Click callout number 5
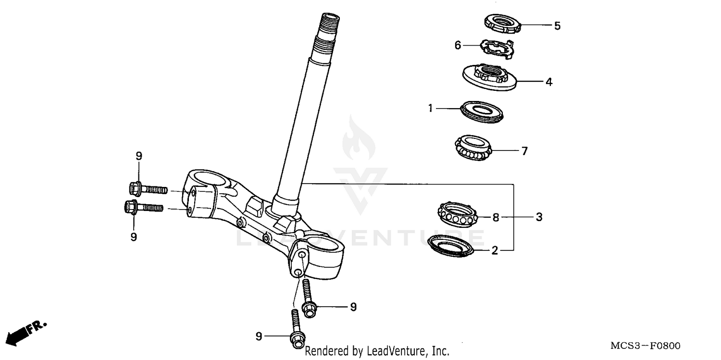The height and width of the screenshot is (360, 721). pos(557,26)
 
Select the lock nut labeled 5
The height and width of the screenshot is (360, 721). pos(502,24)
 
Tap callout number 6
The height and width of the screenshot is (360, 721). pos(458,45)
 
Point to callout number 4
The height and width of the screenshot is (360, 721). pos(548,82)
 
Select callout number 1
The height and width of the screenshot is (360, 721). pos(431,109)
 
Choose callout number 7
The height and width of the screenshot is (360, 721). pos(524,151)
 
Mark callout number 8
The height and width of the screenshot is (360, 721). pos(496,217)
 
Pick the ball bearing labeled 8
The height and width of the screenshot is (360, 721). pos(459,214)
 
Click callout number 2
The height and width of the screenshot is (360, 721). pos(494,250)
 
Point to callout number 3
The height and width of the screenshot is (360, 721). pos(539,217)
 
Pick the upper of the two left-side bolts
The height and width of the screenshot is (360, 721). pos(148,189)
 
